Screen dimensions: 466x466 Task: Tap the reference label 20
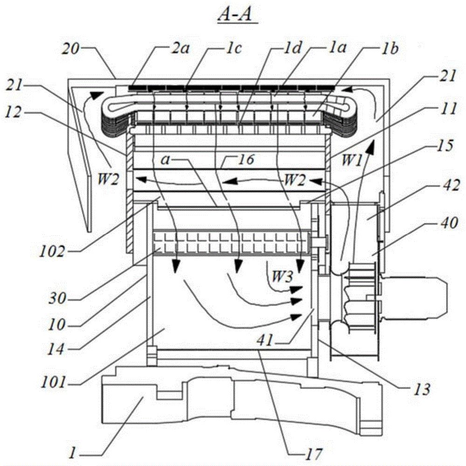(70, 48)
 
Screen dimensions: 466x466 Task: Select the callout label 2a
(180, 48)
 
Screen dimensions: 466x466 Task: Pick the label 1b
(390, 49)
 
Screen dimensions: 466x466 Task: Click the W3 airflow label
(282, 276)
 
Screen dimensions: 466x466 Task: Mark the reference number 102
(52, 252)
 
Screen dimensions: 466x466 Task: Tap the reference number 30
(57, 298)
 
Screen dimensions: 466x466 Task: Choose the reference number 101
(53, 382)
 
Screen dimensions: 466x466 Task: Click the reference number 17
(314, 454)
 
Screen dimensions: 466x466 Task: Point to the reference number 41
(266, 340)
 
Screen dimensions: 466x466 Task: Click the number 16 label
(246, 159)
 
